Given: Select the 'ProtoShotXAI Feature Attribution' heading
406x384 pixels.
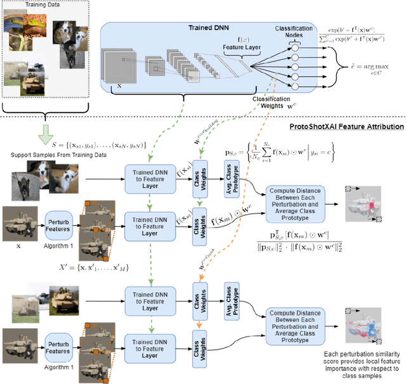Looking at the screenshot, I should [346, 127].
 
